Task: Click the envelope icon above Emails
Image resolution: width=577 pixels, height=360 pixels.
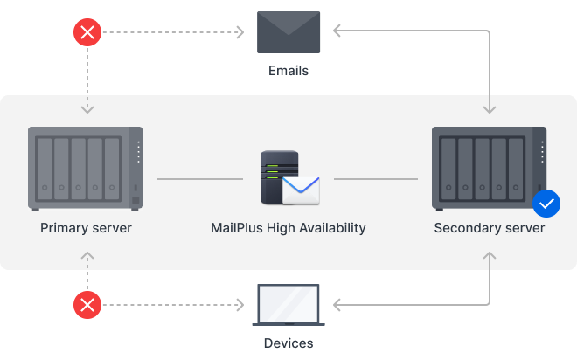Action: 288,32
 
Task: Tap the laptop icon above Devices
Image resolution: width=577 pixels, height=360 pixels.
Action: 288,305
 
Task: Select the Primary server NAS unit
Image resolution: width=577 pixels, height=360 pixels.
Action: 86,168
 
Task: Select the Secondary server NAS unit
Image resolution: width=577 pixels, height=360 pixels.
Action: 490,168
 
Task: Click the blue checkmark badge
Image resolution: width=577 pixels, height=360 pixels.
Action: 546,204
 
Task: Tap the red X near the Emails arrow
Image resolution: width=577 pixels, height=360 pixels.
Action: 87,33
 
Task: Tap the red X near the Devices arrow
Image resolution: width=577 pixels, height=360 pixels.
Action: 87,305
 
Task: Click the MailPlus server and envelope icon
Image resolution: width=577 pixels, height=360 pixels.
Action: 288,178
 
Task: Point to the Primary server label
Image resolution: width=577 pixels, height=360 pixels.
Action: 86,228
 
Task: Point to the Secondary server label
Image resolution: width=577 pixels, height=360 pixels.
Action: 490,228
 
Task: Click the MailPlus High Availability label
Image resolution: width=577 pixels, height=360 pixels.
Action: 288,228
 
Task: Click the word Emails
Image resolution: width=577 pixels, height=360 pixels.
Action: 288,70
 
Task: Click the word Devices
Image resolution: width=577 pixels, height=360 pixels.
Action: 288,343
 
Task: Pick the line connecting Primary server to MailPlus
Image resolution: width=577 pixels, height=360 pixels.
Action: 200,179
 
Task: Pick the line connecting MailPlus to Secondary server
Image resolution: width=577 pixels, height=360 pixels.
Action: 376,179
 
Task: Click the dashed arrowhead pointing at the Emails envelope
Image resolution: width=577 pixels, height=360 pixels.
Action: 240,33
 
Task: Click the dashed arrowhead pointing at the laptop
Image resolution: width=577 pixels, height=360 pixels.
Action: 240,305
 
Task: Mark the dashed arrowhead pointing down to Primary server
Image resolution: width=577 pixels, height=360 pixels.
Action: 87,110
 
